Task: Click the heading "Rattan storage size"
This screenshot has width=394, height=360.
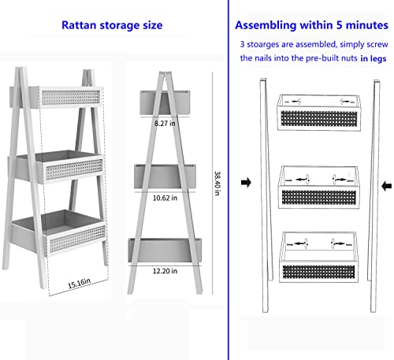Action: pos(112,25)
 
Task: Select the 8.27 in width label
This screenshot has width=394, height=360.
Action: pos(165,124)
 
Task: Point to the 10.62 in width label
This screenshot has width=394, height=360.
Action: pos(165,198)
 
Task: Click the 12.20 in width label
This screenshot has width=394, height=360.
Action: pos(165,270)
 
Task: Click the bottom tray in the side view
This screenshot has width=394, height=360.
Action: pos(165,250)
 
